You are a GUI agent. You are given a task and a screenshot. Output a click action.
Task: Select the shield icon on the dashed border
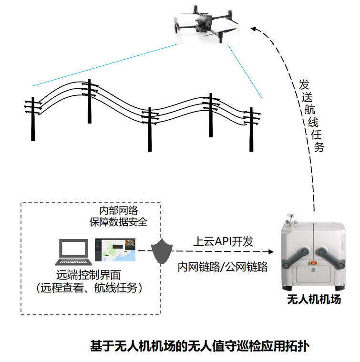(x=161, y=251)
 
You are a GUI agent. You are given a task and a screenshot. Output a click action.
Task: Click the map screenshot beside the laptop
(x=115, y=250)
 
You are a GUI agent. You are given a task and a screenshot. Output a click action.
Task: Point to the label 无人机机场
(x=313, y=300)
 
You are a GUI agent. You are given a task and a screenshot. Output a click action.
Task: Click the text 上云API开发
(x=223, y=241)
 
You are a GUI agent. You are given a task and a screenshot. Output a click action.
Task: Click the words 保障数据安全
(x=118, y=222)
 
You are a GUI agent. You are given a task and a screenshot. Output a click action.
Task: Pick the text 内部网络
(x=118, y=210)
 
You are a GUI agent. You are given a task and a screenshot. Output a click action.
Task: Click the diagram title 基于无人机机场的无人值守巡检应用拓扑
(x=200, y=346)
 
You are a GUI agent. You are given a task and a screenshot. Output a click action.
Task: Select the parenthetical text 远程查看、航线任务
(x=90, y=288)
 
